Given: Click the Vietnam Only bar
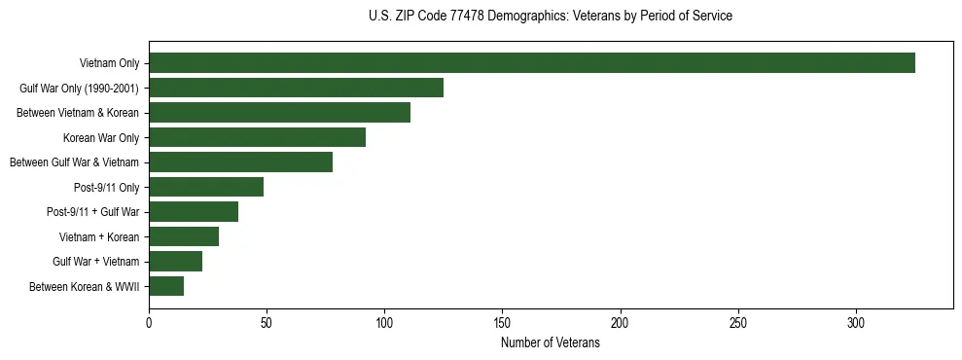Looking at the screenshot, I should coord(532,63).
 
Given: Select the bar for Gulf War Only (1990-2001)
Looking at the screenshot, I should coord(297,88).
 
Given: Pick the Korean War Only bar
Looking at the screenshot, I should coord(258,137).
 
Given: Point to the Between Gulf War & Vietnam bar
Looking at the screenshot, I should coord(241,162).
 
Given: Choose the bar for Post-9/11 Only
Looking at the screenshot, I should coord(206,187).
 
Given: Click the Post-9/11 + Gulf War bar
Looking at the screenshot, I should coord(194,212).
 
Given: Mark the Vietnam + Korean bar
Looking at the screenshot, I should coord(184,236).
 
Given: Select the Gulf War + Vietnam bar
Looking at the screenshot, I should coord(176,261).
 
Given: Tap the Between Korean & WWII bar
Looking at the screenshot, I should coord(166,286).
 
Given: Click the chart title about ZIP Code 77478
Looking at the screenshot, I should coord(551,17).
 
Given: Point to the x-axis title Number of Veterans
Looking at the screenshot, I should coord(551,343).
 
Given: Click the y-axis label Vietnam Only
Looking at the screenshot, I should coord(109,63).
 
